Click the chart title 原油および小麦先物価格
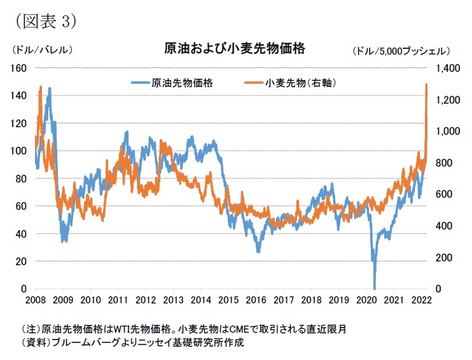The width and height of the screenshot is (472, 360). [x=235, y=49]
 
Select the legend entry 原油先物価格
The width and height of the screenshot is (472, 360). [x=181, y=82]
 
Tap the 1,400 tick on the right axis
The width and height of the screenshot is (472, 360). [x=448, y=67]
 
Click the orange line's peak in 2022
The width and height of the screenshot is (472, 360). [x=426, y=85]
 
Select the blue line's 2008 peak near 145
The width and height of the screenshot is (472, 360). [x=50, y=88]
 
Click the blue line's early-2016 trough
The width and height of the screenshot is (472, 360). [x=258, y=251]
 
